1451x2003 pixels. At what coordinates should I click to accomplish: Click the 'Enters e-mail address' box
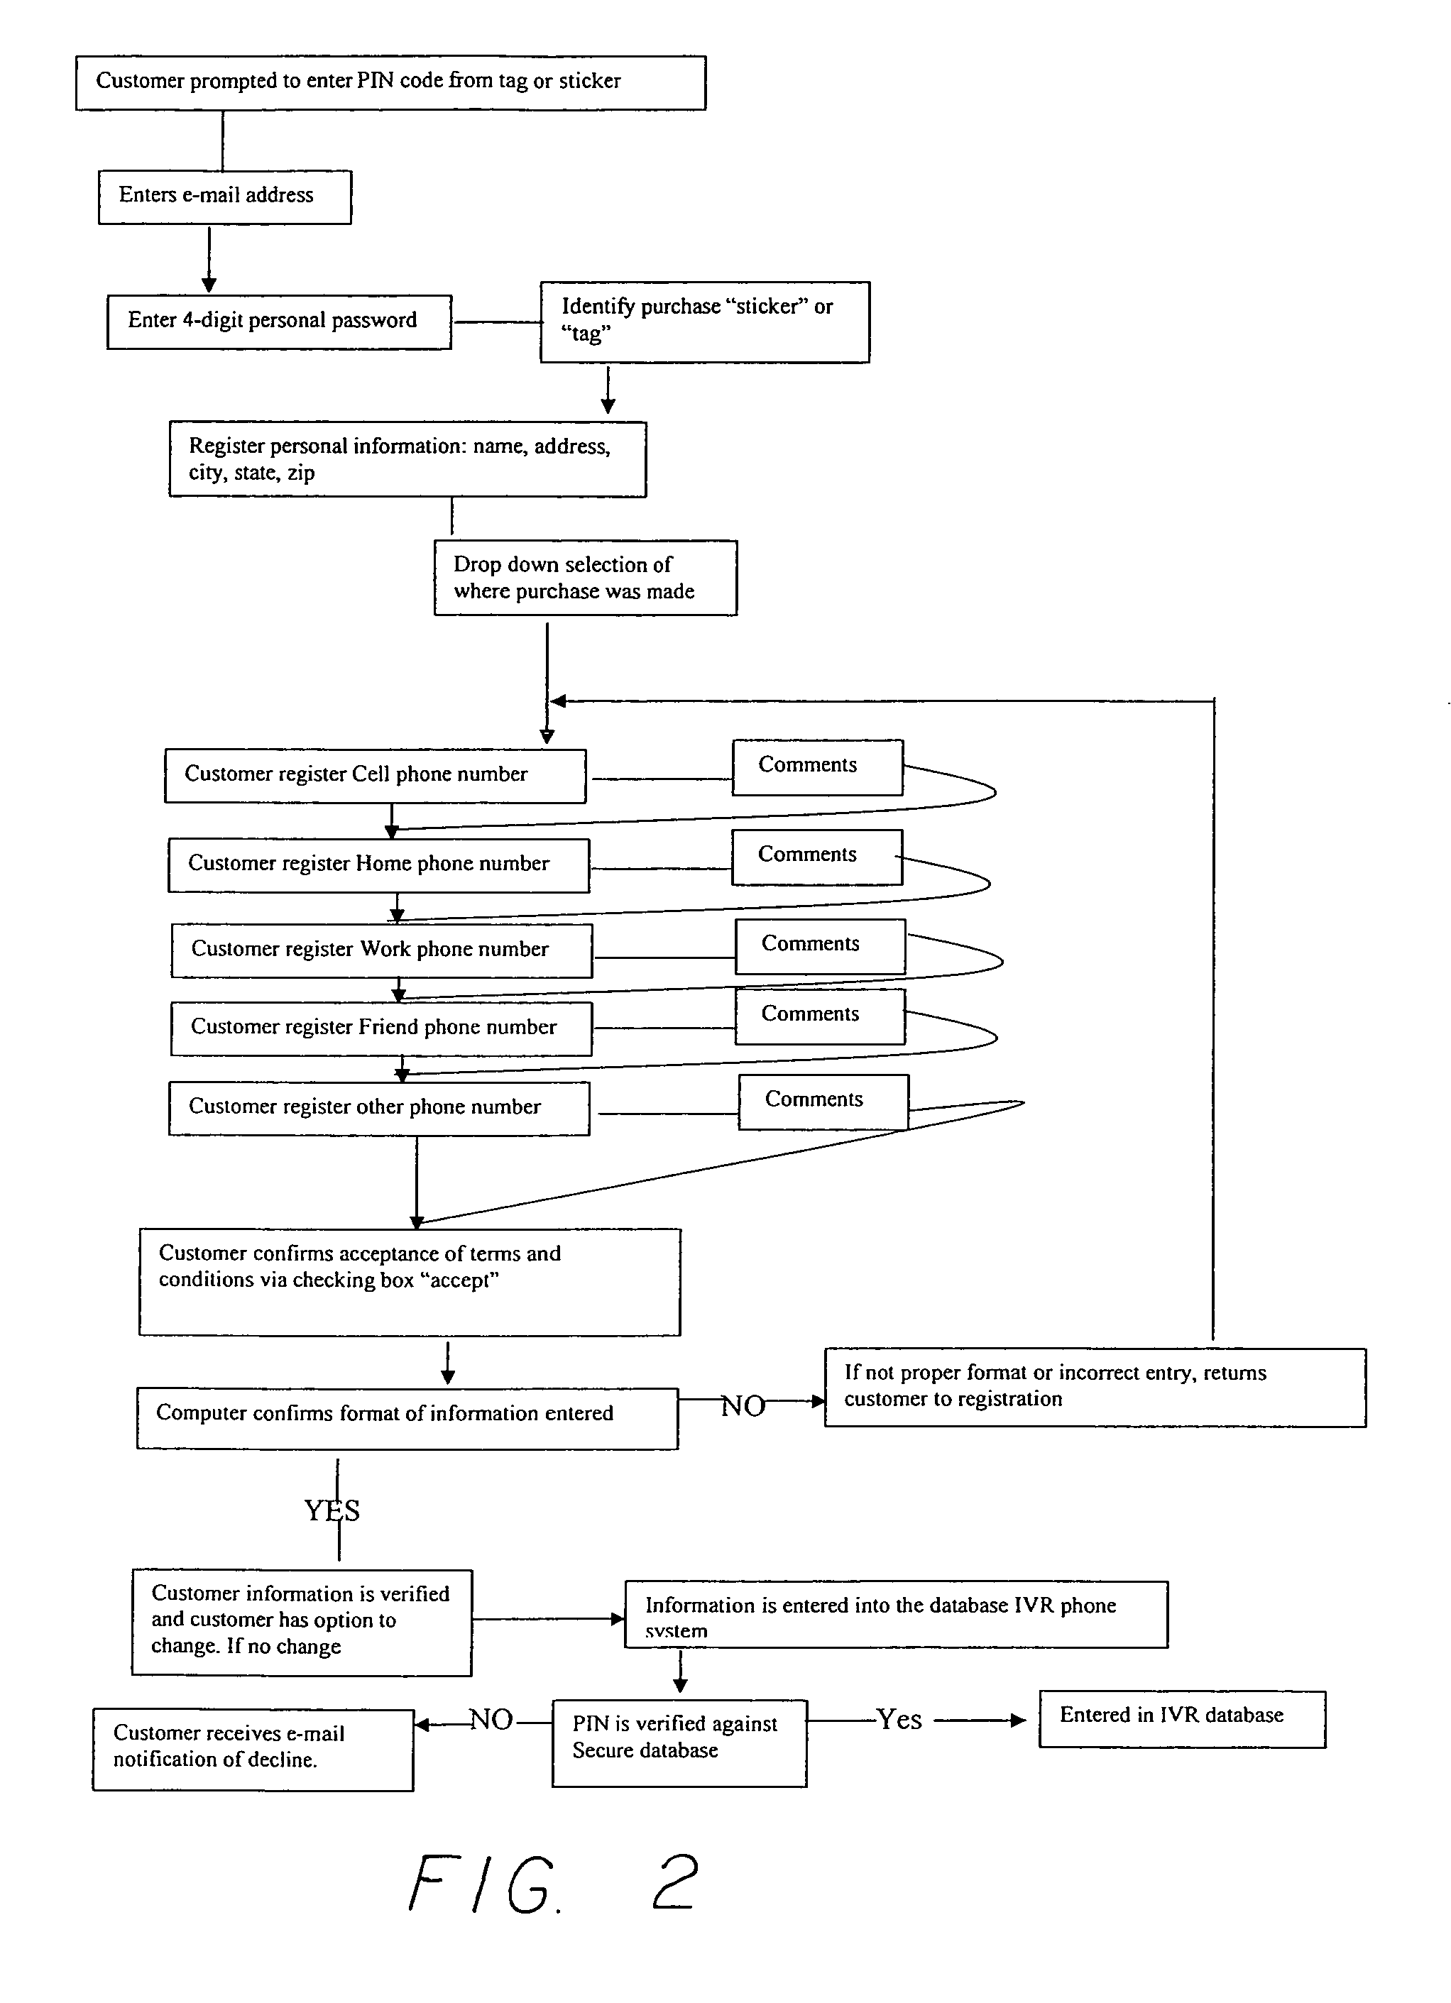pyautogui.click(x=224, y=197)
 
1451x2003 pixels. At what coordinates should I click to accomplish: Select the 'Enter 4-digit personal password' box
pyautogui.click(x=279, y=322)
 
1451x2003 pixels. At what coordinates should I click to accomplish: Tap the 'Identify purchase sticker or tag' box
pyautogui.click(x=705, y=322)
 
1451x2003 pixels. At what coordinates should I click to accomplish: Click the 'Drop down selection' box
pyautogui.click(x=586, y=578)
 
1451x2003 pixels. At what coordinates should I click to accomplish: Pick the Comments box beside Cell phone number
pyautogui.click(x=817, y=767)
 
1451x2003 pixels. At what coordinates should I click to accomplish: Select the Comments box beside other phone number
pyautogui.click(x=823, y=1102)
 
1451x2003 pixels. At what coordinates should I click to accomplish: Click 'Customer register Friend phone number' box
pyautogui.click(x=381, y=1028)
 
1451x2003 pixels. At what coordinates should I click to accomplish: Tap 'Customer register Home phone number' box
pyautogui.click(x=379, y=865)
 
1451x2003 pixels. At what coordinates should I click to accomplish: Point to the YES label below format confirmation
pyautogui.click(x=332, y=1510)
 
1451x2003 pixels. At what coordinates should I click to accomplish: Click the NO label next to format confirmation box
pyautogui.click(x=743, y=1406)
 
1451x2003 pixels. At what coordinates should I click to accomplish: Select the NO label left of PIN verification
pyautogui.click(x=491, y=1720)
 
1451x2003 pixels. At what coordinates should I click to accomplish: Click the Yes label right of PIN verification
pyautogui.click(x=899, y=1720)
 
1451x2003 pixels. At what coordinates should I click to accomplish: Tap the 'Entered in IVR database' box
pyautogui.click(x=1182, y=1718)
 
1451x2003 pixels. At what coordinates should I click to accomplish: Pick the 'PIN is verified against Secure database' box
pyautogui.click(x=679, y=1743)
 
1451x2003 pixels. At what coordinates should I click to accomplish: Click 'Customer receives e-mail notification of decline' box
pyautogui.click(x=253, y=1750)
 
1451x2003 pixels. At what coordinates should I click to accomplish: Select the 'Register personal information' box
pyautogui.click(x=407, y=459)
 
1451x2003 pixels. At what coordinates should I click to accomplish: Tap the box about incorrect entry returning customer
pyautogui.click(x=1095, y=1388)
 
